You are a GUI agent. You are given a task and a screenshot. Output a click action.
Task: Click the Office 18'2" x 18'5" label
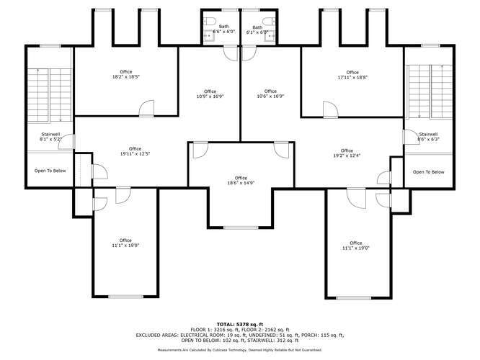click(x=126, y=74)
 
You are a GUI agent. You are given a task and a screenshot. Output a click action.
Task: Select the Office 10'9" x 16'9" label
click(x=210, y=94)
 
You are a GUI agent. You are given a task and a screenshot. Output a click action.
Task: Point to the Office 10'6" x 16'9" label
click(x=270, y=94)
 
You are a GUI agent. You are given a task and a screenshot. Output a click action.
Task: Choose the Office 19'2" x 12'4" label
click(x=347, y=153)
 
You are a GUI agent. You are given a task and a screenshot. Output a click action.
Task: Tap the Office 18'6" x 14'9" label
click(x=240, y=181)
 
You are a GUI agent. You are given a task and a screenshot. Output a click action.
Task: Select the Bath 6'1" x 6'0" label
click(x=257, y=30)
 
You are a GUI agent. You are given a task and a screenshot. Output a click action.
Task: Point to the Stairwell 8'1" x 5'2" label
click(x=50, y=138)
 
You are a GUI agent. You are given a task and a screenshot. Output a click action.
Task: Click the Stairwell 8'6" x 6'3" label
click(x=428, y=137)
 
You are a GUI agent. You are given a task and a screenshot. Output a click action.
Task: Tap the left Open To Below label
click(x=50, y=171)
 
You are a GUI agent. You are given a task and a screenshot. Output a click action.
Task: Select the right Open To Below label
click(x=428, y=171)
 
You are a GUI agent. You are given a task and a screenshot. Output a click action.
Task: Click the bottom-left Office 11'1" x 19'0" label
click(x=125, y=243)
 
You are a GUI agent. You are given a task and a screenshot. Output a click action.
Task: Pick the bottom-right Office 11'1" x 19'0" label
click(x=355, y=246)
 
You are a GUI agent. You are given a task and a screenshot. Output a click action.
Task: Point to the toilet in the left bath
click(x=214, y=20)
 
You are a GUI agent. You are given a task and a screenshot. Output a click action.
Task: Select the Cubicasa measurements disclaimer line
click(x=240, y=349)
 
